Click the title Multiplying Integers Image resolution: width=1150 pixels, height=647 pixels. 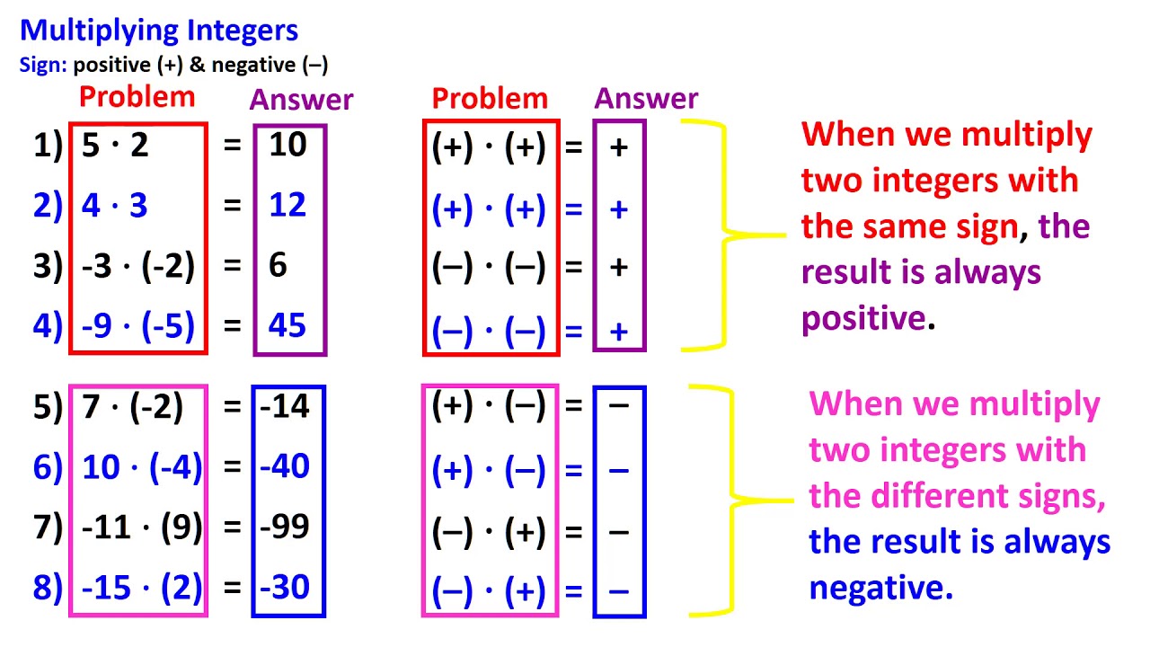point(159,31)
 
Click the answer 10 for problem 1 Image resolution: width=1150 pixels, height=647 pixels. point(287,145)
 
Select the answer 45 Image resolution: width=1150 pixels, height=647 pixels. point(287,325)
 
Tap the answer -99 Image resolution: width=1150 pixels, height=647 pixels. point(285,527)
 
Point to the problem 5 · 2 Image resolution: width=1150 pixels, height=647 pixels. point(115,145)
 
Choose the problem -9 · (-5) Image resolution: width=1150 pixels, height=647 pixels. point(138,325)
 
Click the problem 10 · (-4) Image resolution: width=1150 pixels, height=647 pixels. point(142,467)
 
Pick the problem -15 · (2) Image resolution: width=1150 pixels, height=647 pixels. point(142,588)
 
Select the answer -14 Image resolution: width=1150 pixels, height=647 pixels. point(285,407)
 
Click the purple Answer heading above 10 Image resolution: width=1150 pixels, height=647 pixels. point(301,100)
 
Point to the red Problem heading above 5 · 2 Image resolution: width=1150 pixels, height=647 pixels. point(137,97)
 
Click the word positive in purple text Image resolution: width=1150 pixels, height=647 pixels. point(863,318)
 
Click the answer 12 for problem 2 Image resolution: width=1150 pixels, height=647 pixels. point(287,206)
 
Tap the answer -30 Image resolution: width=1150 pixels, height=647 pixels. point(285,588)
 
